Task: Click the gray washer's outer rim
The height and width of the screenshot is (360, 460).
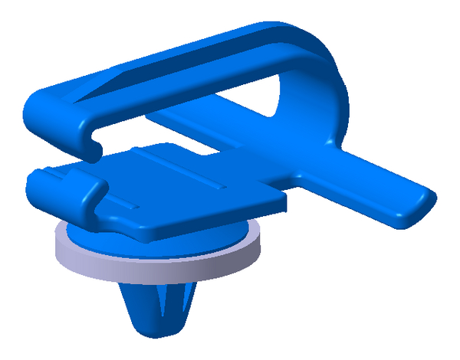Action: pyautogui.click(x=153, y=265)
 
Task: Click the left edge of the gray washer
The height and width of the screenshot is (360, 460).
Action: pyautogui.click(x=55, y=245)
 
